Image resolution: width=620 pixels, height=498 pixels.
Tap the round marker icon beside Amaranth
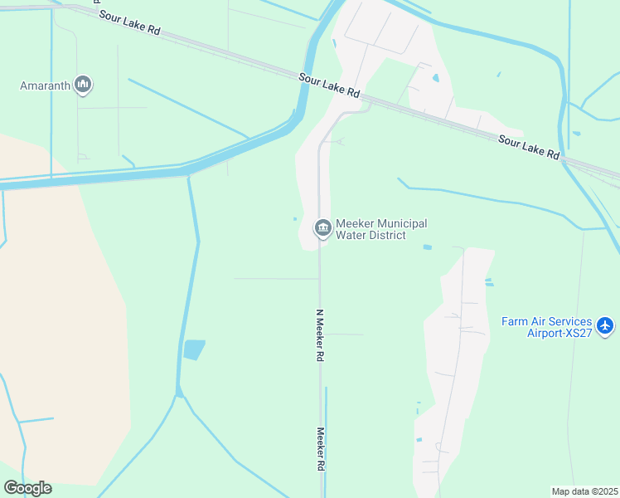click(83, 85)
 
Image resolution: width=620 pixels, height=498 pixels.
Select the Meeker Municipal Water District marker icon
click(322, 227)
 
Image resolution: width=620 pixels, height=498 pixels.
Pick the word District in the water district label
click(388, 236)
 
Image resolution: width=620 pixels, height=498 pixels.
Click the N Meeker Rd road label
click(319, 335)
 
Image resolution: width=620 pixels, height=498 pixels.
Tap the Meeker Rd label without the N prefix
click(320, 451)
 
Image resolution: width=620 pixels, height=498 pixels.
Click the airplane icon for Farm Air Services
click(605, 325)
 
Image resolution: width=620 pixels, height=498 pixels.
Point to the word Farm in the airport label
click(515, 322)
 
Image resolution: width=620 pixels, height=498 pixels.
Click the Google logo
click(27, 488)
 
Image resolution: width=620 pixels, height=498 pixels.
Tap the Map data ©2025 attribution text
click(584, 491)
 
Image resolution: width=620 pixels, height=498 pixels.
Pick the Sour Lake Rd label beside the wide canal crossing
click(329, 84)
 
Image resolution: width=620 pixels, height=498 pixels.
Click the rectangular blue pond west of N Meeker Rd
click(193, 349)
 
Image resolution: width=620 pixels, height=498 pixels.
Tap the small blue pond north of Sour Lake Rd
click(434, 79)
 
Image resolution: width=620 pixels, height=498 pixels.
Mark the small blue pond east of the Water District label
click(427, 247)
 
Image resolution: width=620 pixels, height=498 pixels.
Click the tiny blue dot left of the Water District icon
click(295, 219)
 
